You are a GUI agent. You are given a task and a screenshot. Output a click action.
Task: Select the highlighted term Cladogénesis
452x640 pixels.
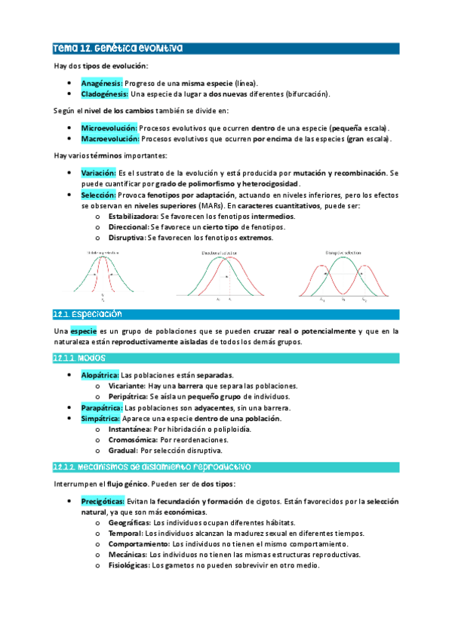click(x=105, y=94)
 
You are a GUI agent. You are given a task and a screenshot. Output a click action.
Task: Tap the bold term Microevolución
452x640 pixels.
click(x=109, y=128)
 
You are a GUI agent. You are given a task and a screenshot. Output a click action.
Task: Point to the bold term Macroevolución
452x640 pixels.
click(x=109, y=140)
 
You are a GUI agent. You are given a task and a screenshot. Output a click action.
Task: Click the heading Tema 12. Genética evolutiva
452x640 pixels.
click(x=117, y=49)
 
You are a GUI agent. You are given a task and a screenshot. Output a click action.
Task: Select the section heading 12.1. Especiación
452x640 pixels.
click(x=88, y=314)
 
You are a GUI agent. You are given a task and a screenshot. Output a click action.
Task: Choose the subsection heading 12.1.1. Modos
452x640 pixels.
click(x=80, y=358)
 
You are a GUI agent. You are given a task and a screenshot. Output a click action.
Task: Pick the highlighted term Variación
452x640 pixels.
click(x=98, y=173)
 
